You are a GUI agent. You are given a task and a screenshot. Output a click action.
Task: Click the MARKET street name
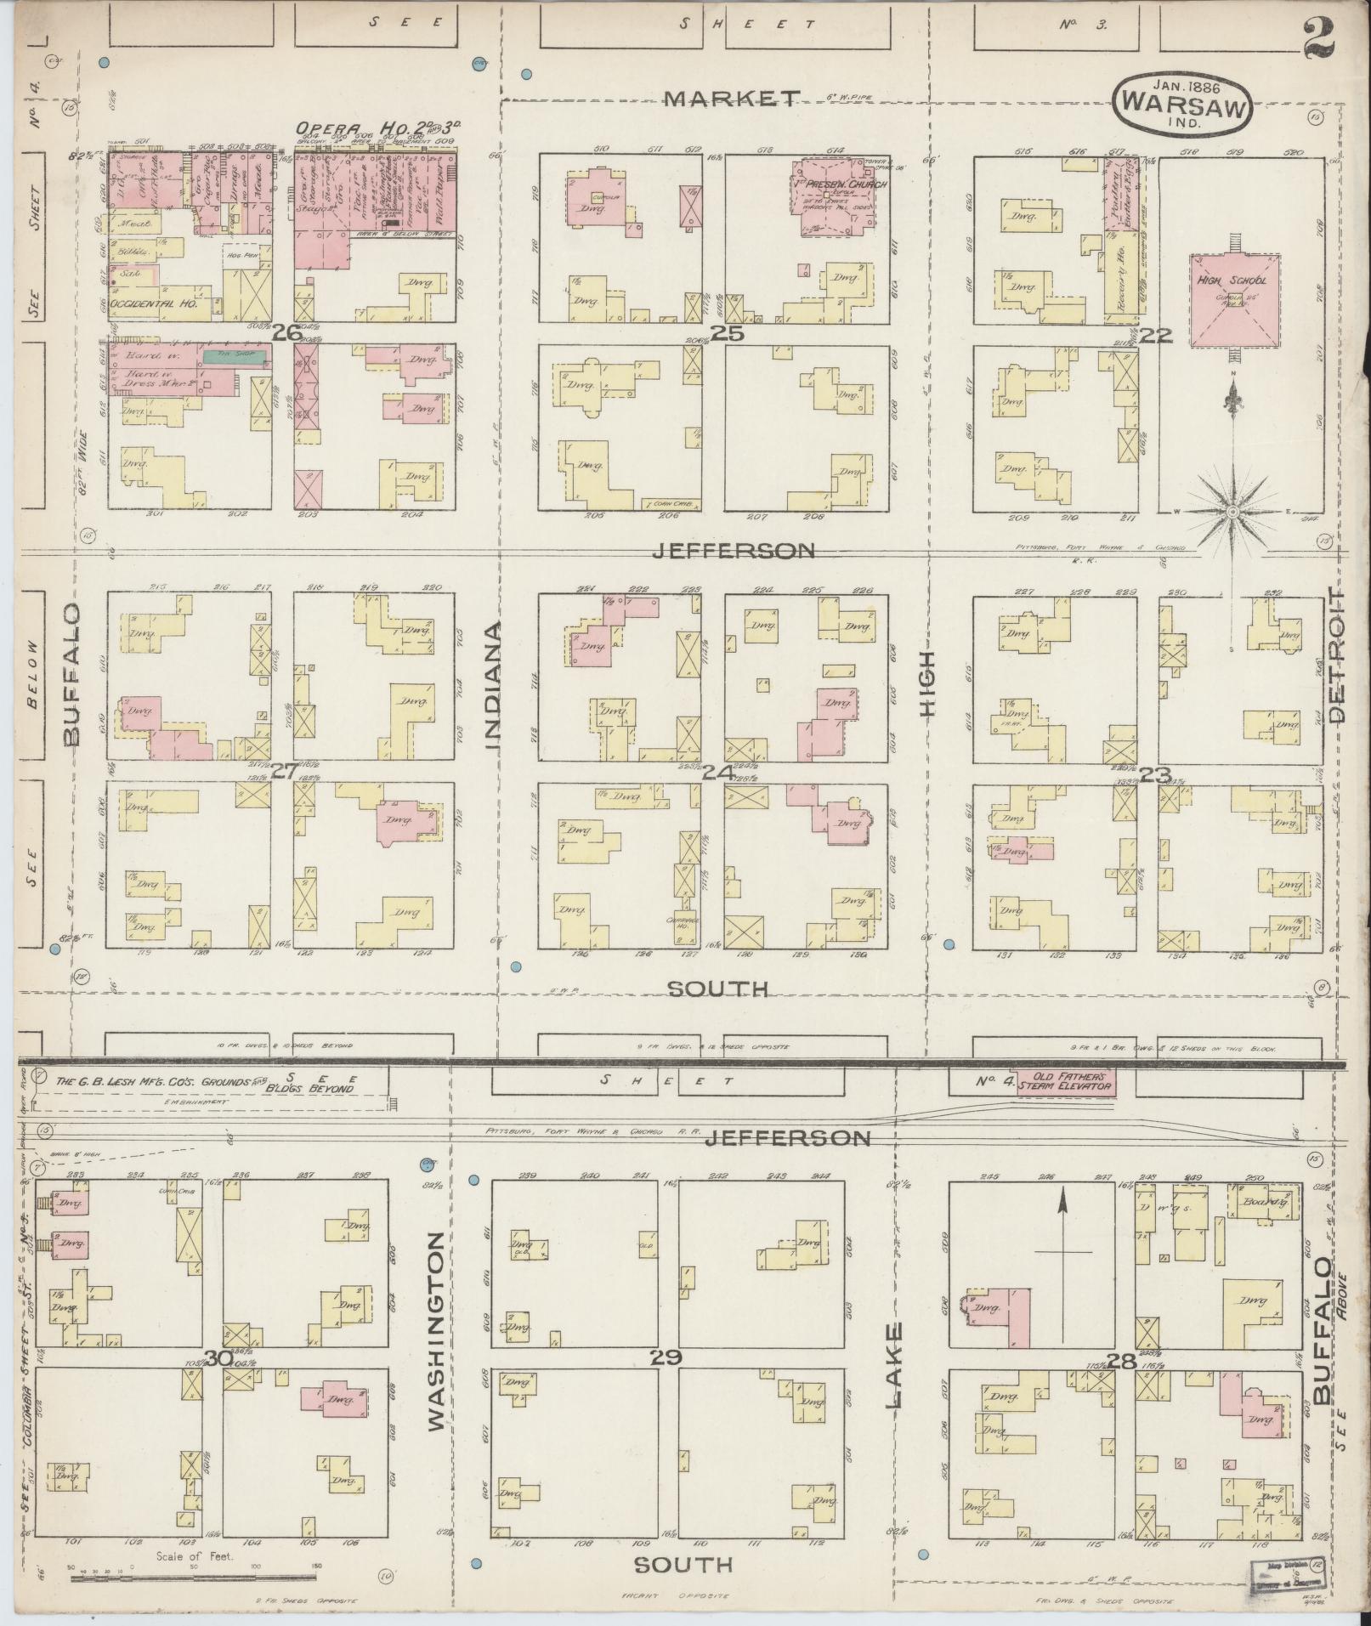pyautogui.click(x=732, y=99)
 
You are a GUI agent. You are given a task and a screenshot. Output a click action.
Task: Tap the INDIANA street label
pyautogui.click(x=494, y=685)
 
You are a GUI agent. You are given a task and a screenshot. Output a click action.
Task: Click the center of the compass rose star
pyautogui.click(x=1232, y=511)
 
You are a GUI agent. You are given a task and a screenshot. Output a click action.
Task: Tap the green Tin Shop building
pyautogui.click(x=236, y=355)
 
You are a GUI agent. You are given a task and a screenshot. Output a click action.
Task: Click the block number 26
pyautogui.click(x=286, y=333)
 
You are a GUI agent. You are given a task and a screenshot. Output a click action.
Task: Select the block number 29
pyautogui.click(x=667, y=1357)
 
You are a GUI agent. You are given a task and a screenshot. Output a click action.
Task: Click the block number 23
pyautogui.click(x=1155, y=773)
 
